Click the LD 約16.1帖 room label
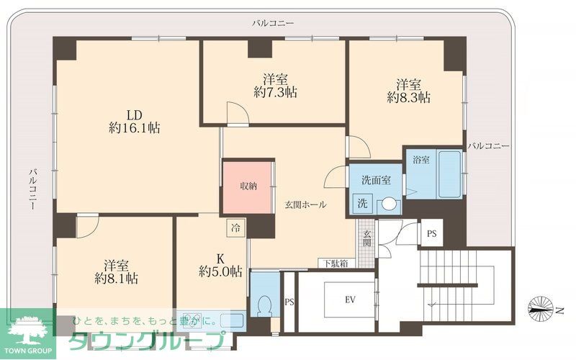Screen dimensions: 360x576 134,122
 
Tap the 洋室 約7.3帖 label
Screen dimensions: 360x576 276,86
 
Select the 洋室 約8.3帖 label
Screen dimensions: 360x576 408,90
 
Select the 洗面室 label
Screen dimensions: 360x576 376,181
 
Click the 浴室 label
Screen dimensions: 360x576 421,160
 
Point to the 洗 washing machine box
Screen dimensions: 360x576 363,203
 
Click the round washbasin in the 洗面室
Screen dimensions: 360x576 388,204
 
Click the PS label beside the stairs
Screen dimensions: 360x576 431,233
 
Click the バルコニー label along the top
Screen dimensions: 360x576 273,23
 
